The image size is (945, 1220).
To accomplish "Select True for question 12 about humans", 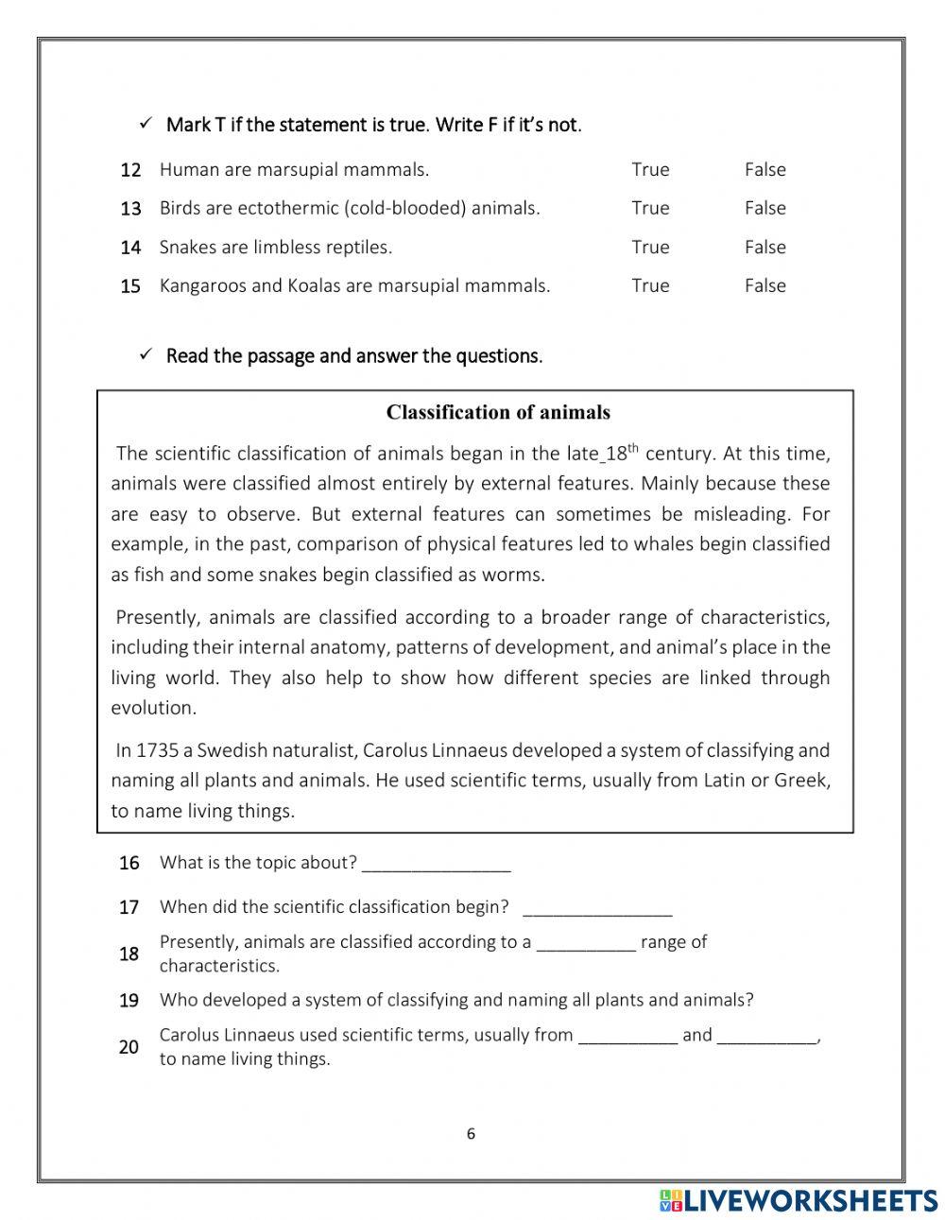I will pos(650,170).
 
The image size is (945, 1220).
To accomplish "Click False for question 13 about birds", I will pos(765,208).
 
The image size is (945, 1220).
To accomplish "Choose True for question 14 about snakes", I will pos(650,248).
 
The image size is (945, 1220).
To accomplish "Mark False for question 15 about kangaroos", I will pos(765,285).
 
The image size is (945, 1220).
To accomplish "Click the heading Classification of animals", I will pos(498,412).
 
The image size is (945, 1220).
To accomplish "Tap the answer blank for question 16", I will pos(436,864).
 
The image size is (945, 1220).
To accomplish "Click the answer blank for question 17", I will pos(596,908).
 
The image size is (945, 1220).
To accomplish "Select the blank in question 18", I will pos(586,943).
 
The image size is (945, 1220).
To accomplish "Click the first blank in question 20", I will pos(627,1036).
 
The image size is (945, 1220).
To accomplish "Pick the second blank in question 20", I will pos(766,1036).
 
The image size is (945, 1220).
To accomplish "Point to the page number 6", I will pos(471,1135).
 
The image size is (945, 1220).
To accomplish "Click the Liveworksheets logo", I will pos(799,1200).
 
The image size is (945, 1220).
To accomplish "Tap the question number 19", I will pos(129,1001).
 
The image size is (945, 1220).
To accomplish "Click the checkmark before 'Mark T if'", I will pos(146,124).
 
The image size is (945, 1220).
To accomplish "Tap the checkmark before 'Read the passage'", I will pos(146,355).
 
